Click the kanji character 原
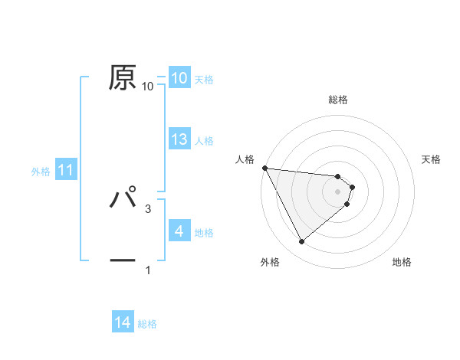pyautogui.click(x=123, y=77)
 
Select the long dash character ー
pyautogui.click(x=123, y=260)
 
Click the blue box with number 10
pyautogui.click(x=179, y=78)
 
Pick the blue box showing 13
pyautogui.click(x=179, y=139)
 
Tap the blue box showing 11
pyautogui.click(x=66, y=170)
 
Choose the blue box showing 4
pyautogui.click(x=179, y=231)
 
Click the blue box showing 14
pyautogui.click(x=123, y=323)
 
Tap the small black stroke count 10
pyautogui.click(x=148, y=87)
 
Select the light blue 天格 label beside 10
pyautogui.click(x=204, y=79)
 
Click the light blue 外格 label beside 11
pyautogui.click(x=41, y=172)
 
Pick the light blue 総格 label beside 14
pyautogui.click(x=147, y=324)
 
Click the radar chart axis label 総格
pyautogui.click(x=338, y=100)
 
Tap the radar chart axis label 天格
pyautogui.click(x=432, y=159)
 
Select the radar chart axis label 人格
pyautogui.click(x=245, y=159)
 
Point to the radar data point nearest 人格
pyautogui.click(x=264, y=168)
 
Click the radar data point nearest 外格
pyautogui.click(x=301, y=241)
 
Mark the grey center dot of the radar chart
pyautogui.click(x=338, y=191)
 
